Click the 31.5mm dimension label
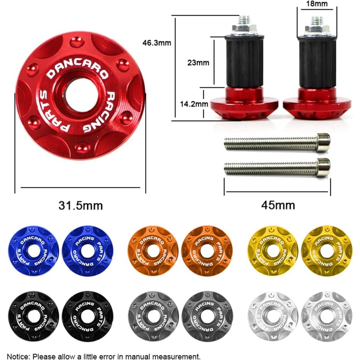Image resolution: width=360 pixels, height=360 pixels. [81, 205]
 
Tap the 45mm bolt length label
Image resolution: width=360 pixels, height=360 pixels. [278, 205]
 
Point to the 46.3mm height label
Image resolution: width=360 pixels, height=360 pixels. [156, 43]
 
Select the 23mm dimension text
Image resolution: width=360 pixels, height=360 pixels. [198, 63]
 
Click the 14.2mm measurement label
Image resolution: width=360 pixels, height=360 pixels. [194, 104]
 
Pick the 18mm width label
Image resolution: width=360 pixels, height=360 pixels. [317, 4]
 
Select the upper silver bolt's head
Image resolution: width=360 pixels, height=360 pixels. [323, 142]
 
